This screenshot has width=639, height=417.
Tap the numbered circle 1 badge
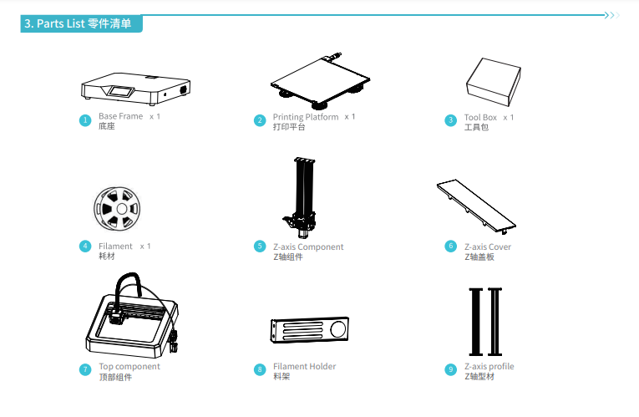click(x=85, y=120)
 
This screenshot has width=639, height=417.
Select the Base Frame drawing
click(x=135, y=89)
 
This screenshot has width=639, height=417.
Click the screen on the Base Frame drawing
click(x=121, y=91)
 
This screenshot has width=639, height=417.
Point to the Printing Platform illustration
click(x=320, y=81)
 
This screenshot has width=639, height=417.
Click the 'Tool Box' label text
click(x=480, y=117)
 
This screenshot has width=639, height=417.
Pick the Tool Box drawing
click(x=494, y=82)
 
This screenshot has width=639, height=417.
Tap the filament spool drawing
click(x=117, y=209)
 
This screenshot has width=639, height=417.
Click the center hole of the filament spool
click(x=121, y=209)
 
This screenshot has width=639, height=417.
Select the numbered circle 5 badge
click(x=260, y=247)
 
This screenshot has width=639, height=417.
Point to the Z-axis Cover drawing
click(x=476, y=206)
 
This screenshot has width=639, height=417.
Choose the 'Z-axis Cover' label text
click(x=488, y=247)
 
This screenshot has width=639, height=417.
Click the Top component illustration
click(x=132, y=315)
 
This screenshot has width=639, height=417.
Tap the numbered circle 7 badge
click(x=85, y=369)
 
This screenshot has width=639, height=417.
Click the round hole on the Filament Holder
click(x=337, y=329)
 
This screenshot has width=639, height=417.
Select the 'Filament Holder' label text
click(x=304, y=367)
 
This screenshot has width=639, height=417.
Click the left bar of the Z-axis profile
click(x=475, y=322)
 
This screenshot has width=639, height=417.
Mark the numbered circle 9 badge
click(x=451, y=369)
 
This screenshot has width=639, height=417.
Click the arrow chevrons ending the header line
click(x=612, y=16)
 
